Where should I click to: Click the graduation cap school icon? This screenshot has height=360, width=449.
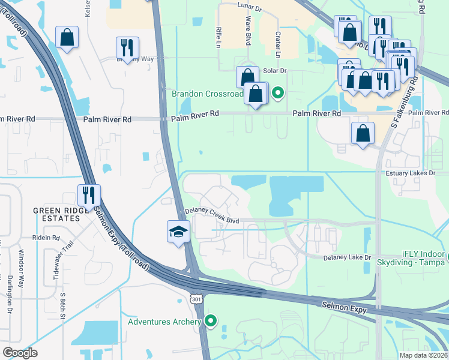[x=178, y=232]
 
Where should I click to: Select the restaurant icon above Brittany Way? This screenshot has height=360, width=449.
[x=127, y=47]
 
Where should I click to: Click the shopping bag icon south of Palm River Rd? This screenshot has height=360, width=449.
[x=363, y=133]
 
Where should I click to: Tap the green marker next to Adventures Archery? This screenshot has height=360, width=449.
[x=210, y=322]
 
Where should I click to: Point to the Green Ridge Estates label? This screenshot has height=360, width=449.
[x=56, y=214]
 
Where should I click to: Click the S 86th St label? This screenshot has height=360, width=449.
[x=62, y=306]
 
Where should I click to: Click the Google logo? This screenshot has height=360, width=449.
[x=20, y=352]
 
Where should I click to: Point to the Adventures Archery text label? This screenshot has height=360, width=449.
[x=164, y=322]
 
